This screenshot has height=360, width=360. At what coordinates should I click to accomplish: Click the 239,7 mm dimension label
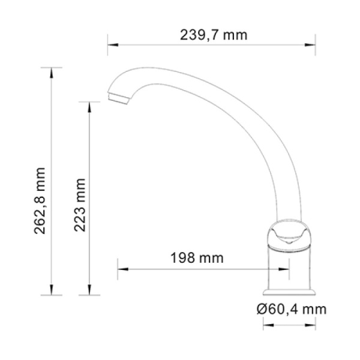[214, 35]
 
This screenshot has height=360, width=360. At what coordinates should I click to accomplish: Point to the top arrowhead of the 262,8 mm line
[53, 71]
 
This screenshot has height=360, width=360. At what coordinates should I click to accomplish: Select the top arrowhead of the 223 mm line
[89, 104]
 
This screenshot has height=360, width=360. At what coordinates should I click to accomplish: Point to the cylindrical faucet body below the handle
[291, 267]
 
